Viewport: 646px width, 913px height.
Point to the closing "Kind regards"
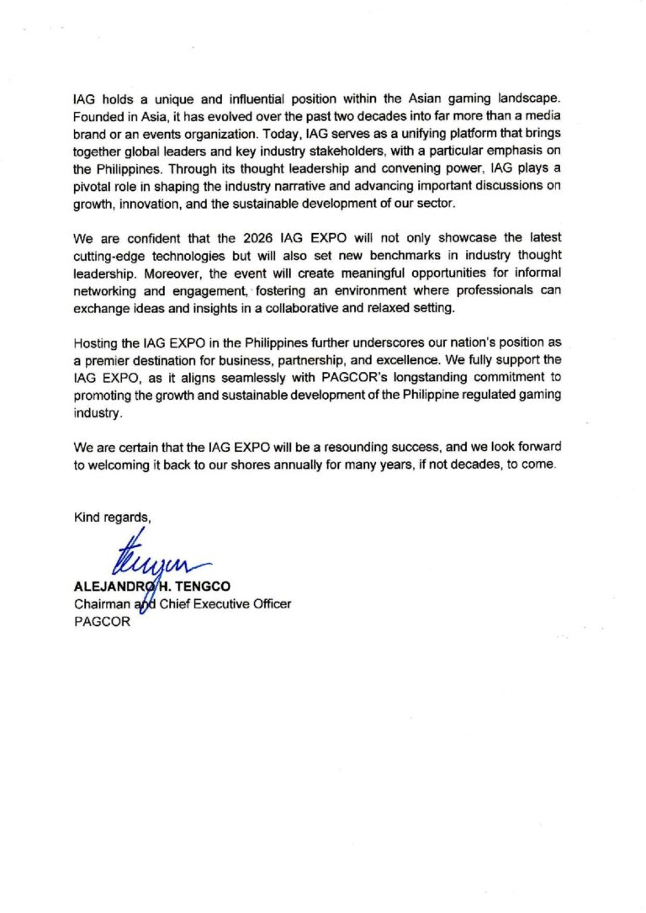107,517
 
